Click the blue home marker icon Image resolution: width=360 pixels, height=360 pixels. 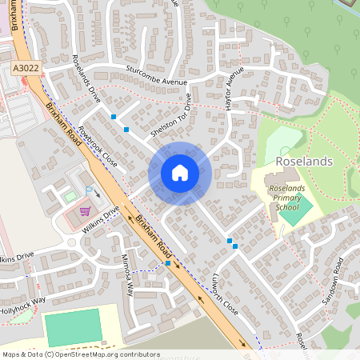(180, 173)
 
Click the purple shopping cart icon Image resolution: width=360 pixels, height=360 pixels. (84, 211)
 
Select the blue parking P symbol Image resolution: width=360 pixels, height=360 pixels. (89, 191)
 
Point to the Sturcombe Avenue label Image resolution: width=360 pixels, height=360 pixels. (156, 76)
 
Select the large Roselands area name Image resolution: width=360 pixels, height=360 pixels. (303, 161)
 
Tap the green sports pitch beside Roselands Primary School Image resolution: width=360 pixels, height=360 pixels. (296, 212)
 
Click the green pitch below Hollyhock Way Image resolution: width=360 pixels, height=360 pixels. (72, 328)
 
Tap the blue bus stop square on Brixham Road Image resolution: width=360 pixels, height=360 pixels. (168, 262)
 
